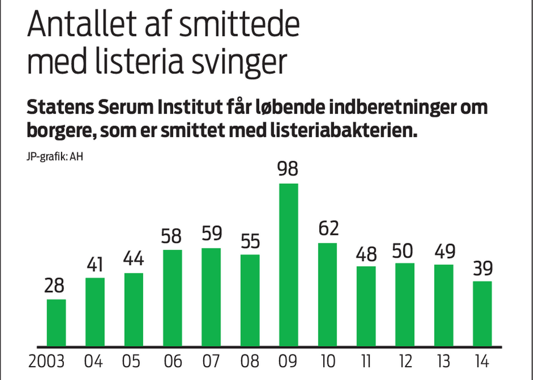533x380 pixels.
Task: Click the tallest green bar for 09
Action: coord(288,264)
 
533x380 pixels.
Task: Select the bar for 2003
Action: coord(56,322)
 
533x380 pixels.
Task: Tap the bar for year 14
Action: coord(482,313)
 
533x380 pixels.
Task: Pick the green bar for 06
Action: coord(172,297)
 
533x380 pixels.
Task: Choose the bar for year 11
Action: coord(366,306)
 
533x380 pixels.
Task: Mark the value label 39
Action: coord(482,269)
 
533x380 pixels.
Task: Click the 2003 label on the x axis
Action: coord(47,362)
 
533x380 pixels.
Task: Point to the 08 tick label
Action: coord(250,362)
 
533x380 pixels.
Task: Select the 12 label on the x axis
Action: coord(405,362)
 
